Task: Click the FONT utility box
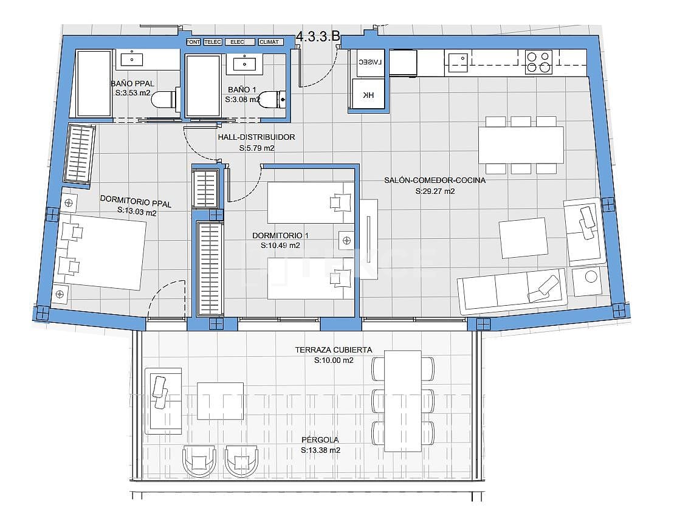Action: coord(193,42)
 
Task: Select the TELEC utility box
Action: coord(212,42)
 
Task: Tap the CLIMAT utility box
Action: coord(269,42)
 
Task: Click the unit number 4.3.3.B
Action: coord(317,36)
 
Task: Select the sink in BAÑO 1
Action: coord(246,63)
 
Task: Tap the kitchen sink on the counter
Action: coord(459,59)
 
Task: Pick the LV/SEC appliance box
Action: coord(369,63)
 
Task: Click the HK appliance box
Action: coord(368,95)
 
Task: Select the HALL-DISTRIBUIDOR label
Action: coord(256,137)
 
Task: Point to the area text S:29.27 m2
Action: coord(435,191)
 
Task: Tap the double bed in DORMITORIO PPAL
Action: coord(102,252)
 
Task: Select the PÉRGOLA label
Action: coord(320,439)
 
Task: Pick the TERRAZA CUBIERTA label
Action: coord(333,350)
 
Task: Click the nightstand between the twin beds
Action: coord(346,239)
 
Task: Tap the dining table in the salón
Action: coord(521,145)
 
